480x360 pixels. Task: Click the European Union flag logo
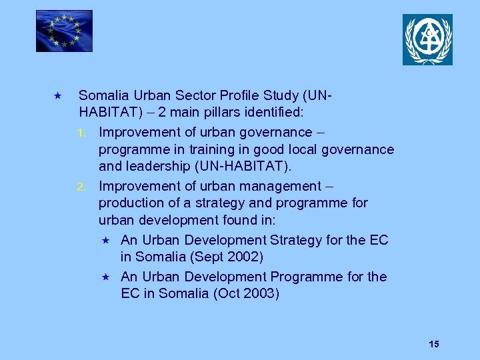tap(64, 31)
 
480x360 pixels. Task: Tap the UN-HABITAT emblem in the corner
tap(427, 39)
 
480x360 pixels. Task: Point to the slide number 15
tap(434, 344)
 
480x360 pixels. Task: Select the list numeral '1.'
tap(83, 133)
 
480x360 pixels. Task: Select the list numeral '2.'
tap(83, 187)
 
